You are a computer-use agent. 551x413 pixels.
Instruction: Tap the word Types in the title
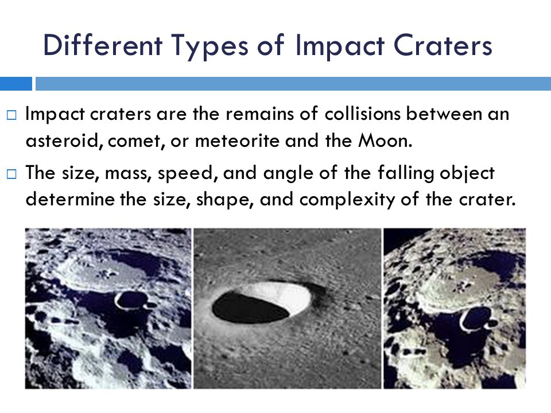210,46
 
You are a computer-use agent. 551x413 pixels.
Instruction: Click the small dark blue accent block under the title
16,84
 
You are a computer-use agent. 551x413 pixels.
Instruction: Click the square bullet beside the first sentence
11,115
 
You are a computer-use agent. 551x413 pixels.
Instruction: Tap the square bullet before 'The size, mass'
11,174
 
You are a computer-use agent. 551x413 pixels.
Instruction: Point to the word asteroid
65,141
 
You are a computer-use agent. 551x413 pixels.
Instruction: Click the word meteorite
237,141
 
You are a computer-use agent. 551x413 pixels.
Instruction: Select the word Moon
385,141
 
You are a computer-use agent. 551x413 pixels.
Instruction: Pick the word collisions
363,114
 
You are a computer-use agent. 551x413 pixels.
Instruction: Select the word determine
70,200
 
